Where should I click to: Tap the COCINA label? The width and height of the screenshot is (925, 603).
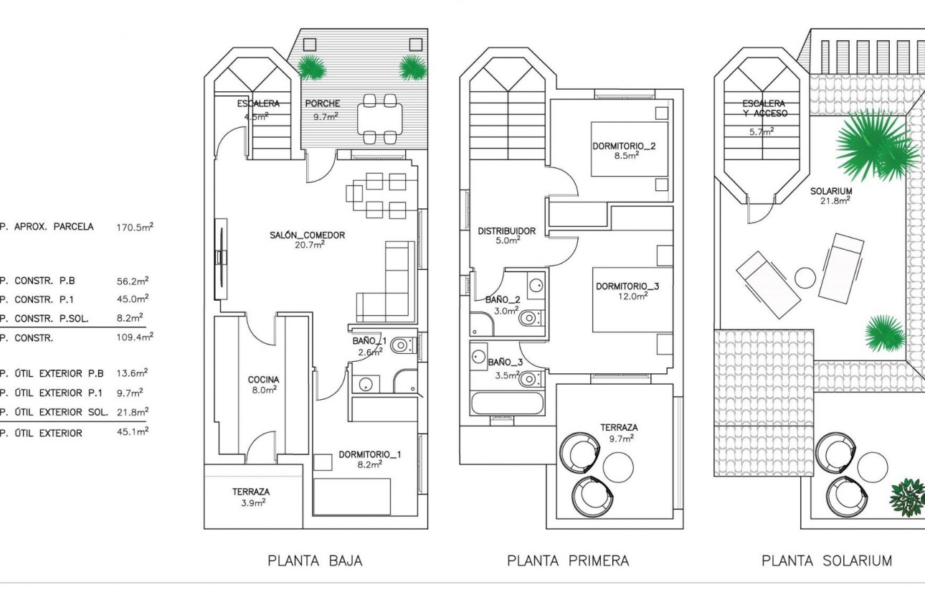click(x=263, y=380)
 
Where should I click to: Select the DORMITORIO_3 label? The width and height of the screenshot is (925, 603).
click(x=627, y=286)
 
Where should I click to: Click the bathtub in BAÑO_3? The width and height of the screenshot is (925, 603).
click(x=506, y=403)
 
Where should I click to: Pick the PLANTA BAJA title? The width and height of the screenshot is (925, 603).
click(x=315, y=561)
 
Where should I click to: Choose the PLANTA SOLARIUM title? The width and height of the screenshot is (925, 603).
click(x=826, y=561)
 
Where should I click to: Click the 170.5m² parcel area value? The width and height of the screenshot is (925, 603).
click(x=134, y=227)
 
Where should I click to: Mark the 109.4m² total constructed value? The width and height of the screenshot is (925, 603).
click(x=134, y=337)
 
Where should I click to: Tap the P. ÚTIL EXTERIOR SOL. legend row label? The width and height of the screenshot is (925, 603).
click(x=54, y=412)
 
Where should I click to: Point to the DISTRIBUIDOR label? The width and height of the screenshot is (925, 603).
click(x=506, y=231)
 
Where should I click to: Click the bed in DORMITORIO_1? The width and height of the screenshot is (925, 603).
click(x=351, y=495)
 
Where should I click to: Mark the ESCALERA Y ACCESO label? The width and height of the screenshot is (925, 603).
click(x=764, y=108)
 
